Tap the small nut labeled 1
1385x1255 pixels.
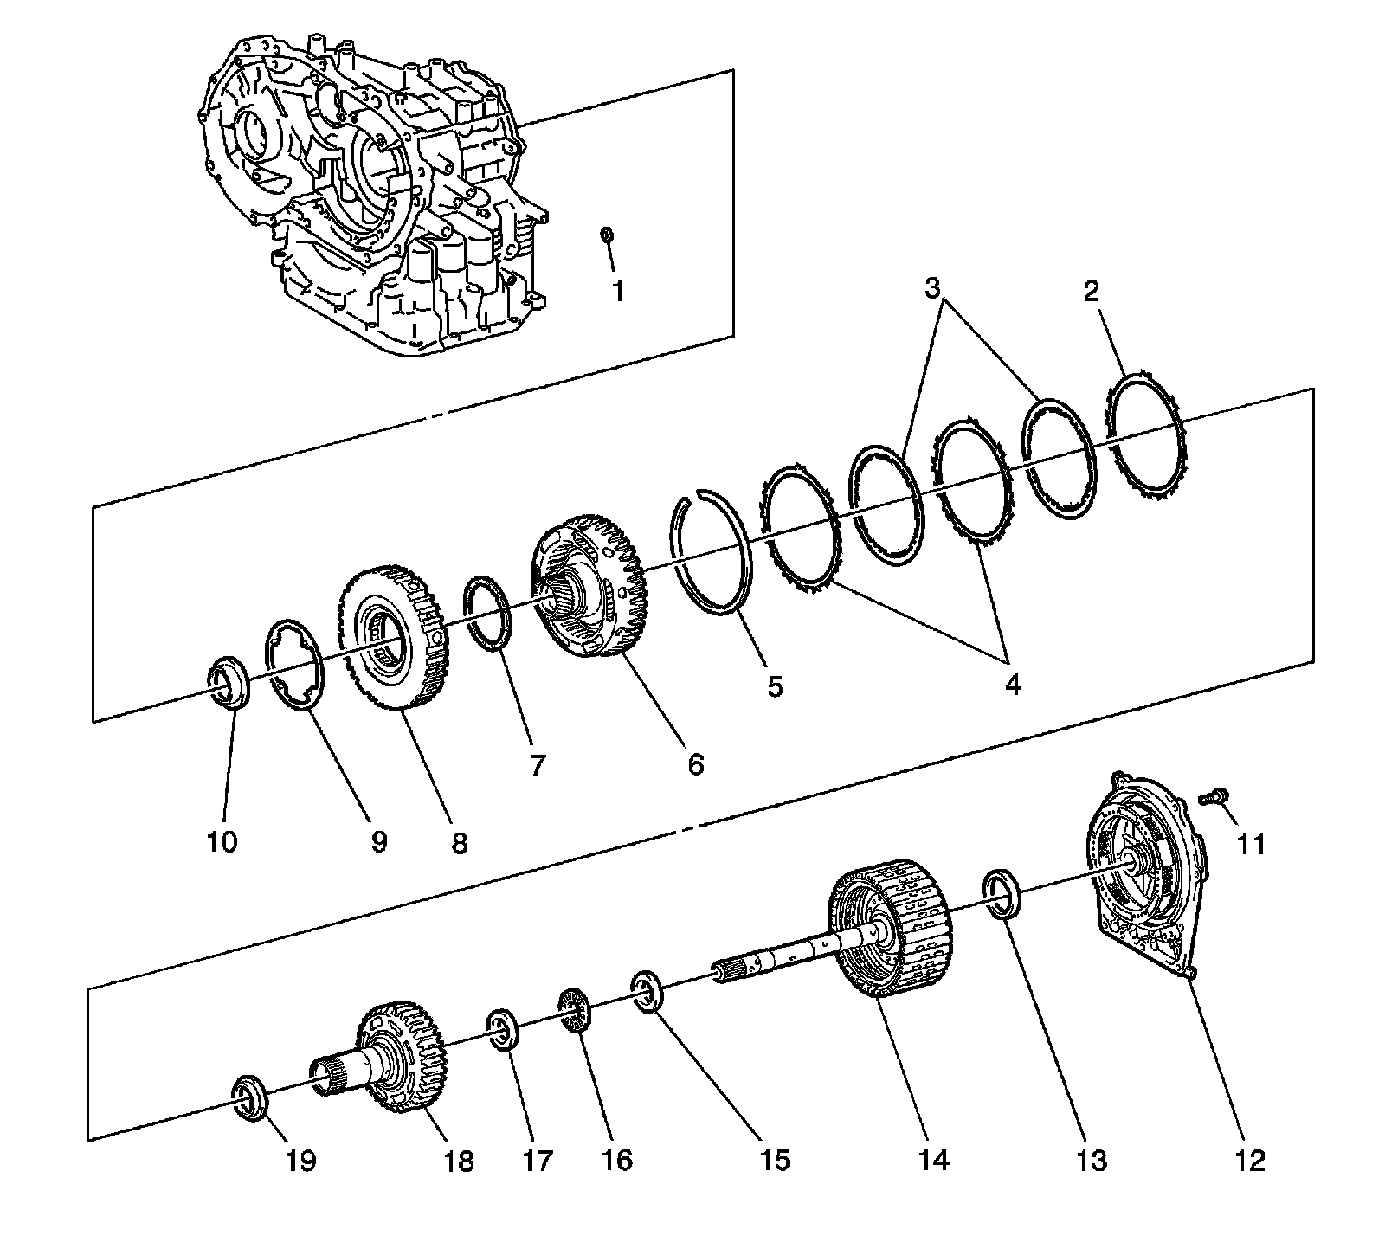[x=607, y=235]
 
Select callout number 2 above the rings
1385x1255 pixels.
[x=1091, y=291]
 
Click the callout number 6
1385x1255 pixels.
[x=696, y=764]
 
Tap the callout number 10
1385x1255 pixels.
[x=222, y=840]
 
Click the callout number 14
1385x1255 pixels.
[x=935, y=1159]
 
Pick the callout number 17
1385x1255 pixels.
[x=537, y=1160]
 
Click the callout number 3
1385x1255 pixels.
[x=931, y=289]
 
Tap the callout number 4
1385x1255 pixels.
[x=1012, y=684]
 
